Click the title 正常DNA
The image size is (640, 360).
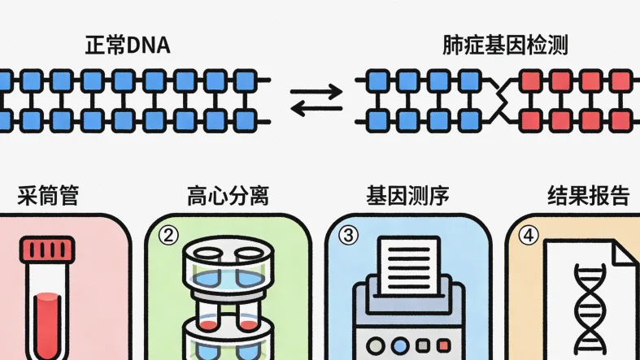pyautogui.click(x=128, y=46)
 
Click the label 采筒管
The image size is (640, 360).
pyautogui.click(x=48, y=196)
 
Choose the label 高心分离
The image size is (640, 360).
pyautogui.click(x=228, y=196)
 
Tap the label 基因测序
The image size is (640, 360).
pyautogui.click(x=407, y=196)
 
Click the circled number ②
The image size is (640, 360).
pyautogui.click(x=168, y=236)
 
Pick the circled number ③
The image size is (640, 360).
pyautogui.click(x=349, y=236)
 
